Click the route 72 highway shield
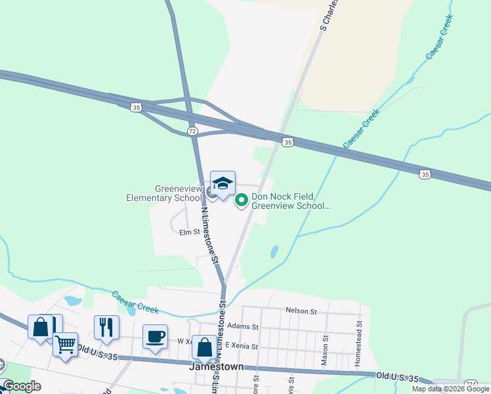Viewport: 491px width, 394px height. tap(192, 131)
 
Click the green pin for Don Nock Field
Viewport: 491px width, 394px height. tap(241, 198)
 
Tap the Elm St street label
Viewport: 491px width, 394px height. tap(189, 232)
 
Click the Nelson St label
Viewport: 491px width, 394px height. tap(301, 311)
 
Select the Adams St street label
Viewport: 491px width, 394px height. tap(242, 326)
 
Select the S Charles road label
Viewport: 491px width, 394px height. tap(330, 14)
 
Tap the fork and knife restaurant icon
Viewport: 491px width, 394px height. tap(106, 326)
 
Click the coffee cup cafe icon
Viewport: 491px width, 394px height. tap(155, 337)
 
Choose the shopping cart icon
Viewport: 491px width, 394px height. tap(65, 343)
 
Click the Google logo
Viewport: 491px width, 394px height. tap(22, 386)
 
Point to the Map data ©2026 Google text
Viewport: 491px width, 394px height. tap(450, 389)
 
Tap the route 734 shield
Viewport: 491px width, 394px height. tap(471, 383)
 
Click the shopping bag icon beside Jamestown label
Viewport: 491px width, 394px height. tap(203, 346)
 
